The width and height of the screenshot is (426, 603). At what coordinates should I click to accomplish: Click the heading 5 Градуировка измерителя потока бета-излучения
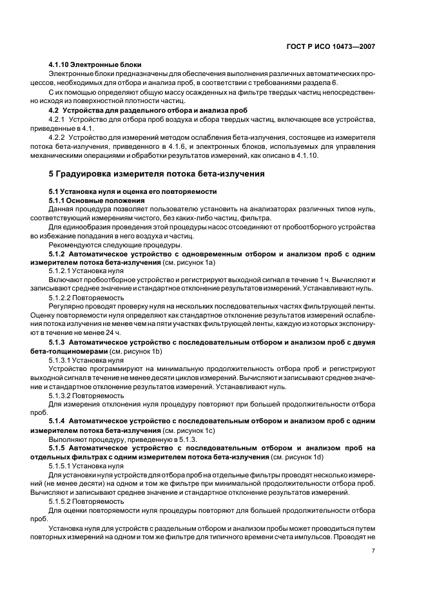pos(157,174)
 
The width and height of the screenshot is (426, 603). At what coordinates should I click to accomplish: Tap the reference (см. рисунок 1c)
pos(189,430)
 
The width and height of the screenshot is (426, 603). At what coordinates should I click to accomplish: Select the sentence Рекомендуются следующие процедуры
pos(106,245)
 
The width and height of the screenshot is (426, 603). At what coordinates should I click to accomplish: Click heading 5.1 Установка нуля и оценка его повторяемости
pos(133,191)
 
